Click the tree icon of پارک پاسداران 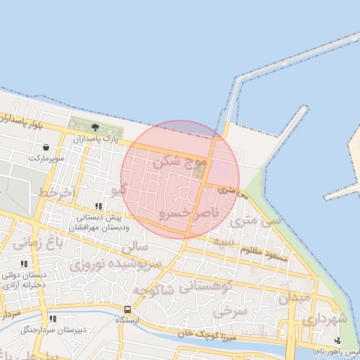coord(95,127)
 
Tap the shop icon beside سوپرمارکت coord(46,148)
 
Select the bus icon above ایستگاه coord(127,309)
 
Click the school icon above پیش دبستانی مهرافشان coord(98,207)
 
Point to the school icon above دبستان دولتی coord(25,264)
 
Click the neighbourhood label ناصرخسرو coord(189,212)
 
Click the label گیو coord(120,190)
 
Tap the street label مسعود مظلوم coord(265,254)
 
